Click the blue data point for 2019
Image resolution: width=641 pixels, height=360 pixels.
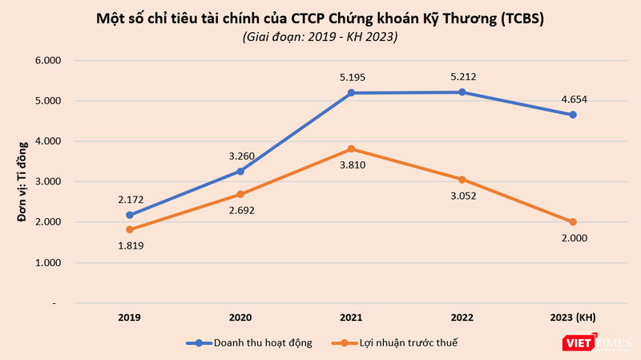[129, 215]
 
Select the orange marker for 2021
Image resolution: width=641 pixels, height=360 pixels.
[352, 149]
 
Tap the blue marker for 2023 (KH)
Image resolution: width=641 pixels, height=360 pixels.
[573, 115]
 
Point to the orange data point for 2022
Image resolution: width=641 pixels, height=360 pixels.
[462, 180]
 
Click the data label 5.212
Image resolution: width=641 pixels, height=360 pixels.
[462, 77]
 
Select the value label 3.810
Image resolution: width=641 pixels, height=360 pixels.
[352, 166]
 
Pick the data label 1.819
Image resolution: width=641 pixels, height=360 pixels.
[129, 245]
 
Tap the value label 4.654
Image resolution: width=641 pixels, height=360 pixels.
[573, 99]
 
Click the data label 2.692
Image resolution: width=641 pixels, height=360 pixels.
[240, 210]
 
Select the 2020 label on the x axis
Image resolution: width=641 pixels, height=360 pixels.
[240, 317]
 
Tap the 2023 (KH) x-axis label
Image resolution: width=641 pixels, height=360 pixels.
[573, 317]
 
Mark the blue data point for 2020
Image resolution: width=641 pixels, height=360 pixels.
[240, 171]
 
